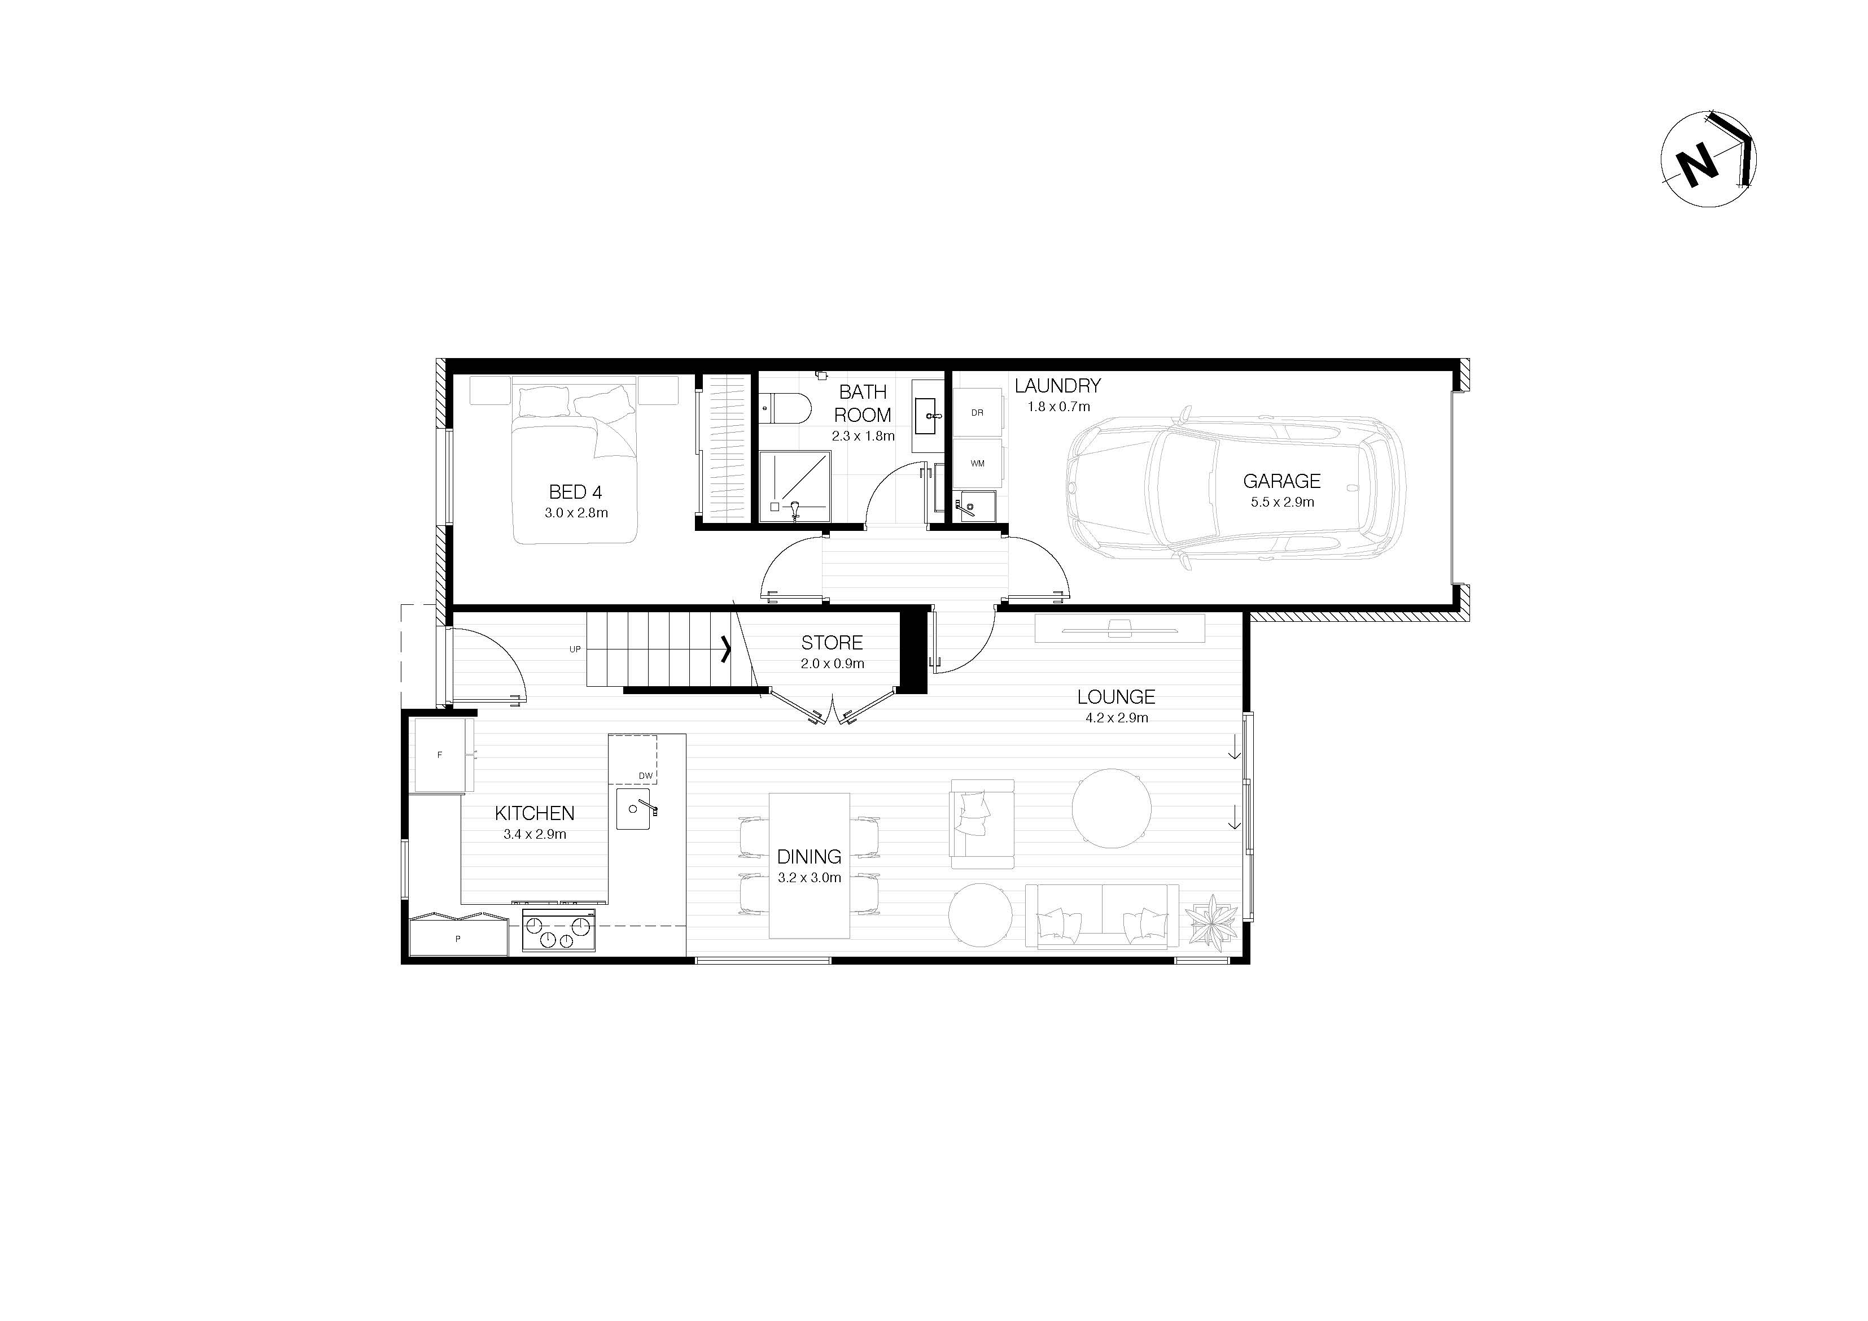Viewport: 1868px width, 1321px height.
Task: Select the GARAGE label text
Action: coord(1281,481)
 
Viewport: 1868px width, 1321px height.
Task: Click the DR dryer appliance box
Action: coord(977,413)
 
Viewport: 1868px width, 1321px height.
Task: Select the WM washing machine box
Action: coord(977,463)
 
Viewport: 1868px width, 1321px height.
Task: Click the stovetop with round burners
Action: coord(558,930)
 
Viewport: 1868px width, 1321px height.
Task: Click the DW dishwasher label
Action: coord(645,775)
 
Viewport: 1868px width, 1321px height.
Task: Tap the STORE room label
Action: coord(832,643)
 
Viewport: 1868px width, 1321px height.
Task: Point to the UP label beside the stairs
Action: coord(575,649)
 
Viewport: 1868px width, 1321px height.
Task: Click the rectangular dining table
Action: coord(810,865)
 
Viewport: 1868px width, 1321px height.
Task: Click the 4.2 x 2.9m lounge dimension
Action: coord(1116,718)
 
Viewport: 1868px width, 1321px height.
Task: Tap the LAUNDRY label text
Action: coord(1058,386)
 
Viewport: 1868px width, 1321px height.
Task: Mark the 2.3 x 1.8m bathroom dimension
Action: coord(863,435)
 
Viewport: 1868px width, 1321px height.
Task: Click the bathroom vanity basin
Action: coord(928,417)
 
